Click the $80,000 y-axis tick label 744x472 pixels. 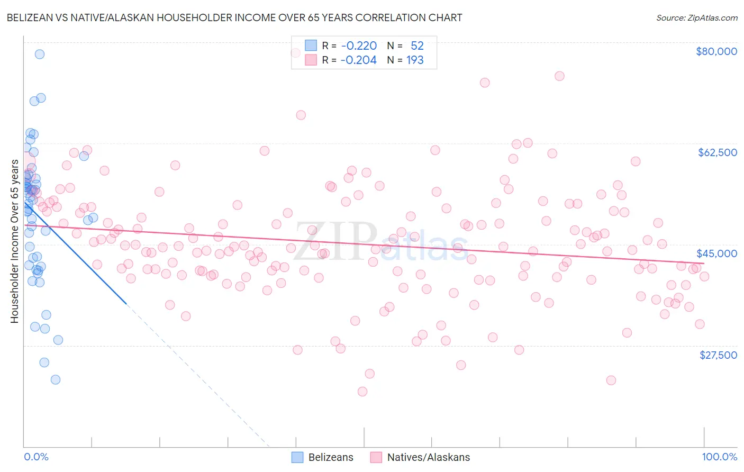click(716, 51)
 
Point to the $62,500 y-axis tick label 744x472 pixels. click(717, 152)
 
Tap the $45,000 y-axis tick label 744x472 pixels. click(716, 253)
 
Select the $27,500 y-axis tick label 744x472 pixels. click(718, 355)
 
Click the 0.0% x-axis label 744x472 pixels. click(36, 457)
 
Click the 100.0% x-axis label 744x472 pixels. click(719, 457)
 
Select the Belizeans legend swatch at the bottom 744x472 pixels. click(297, 457)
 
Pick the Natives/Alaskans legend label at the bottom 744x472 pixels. click(428, 457)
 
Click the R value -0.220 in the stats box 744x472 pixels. click(359, 46)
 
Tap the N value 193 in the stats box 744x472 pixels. click(415, 60)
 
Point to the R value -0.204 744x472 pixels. click(359, 60)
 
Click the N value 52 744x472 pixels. click(417, 46)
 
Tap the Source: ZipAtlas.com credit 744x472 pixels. click(696, 17)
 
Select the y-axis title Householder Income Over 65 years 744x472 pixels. click(14, 241)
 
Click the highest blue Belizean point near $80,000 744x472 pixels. click(39, 54)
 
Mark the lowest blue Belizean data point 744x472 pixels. click(55, 379)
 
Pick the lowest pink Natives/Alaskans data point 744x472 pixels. click(362, 392)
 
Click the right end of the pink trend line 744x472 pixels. click(704, 263)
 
